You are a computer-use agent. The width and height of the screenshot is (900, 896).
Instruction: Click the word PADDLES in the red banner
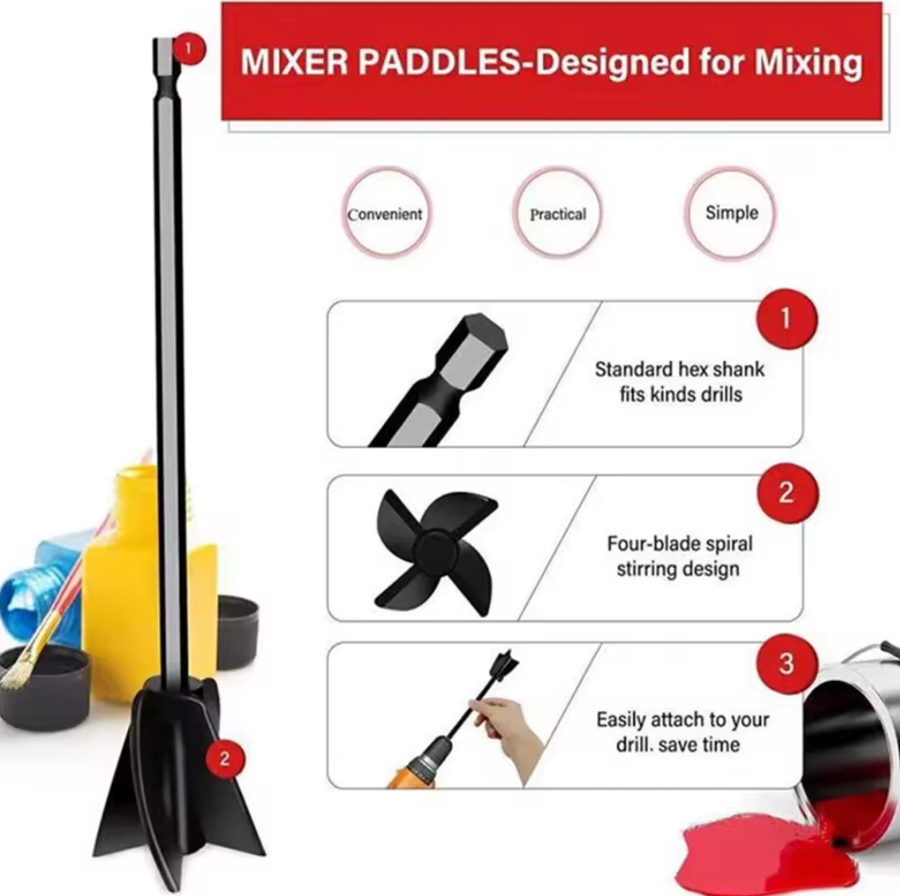[x=439, y=61]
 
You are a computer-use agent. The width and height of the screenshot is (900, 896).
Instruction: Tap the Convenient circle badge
[x=385, y=213]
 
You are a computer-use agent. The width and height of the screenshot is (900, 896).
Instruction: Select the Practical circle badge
[x=558, y=213]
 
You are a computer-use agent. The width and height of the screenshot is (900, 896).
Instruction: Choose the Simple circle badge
[x=731, y=213]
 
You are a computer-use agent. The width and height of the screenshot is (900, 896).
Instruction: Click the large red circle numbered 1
[x=786, y=319]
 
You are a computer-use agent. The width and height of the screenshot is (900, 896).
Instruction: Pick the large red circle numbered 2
[x=786, y=494]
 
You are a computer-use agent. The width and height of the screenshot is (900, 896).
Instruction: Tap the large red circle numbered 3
[x=786, y=663]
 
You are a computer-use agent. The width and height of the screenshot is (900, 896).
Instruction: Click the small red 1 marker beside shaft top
[x=189, y=50]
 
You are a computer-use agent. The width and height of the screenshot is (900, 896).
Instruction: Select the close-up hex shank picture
[x=439, y=380]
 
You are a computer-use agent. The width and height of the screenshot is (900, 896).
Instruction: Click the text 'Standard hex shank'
[x=680, y=369]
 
